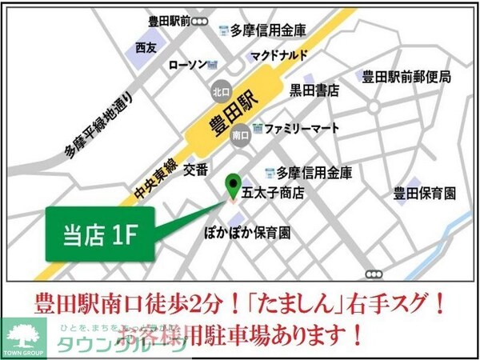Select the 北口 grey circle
coord(220,93)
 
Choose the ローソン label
coord(188,65)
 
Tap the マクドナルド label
coord(278,56)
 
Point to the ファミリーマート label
coord(302,128)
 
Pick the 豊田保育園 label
coord(424,193)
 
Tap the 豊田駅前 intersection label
coord(168,21)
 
